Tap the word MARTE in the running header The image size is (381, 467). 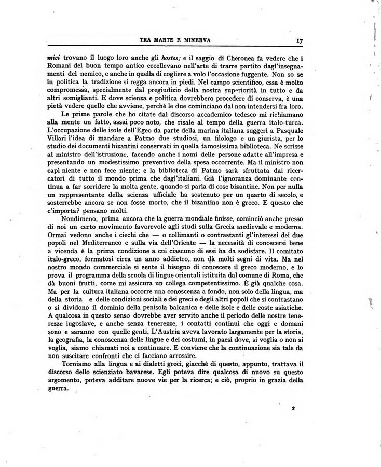point(167,39)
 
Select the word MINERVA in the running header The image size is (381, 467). point(202,39)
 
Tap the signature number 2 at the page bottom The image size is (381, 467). point(293,408)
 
